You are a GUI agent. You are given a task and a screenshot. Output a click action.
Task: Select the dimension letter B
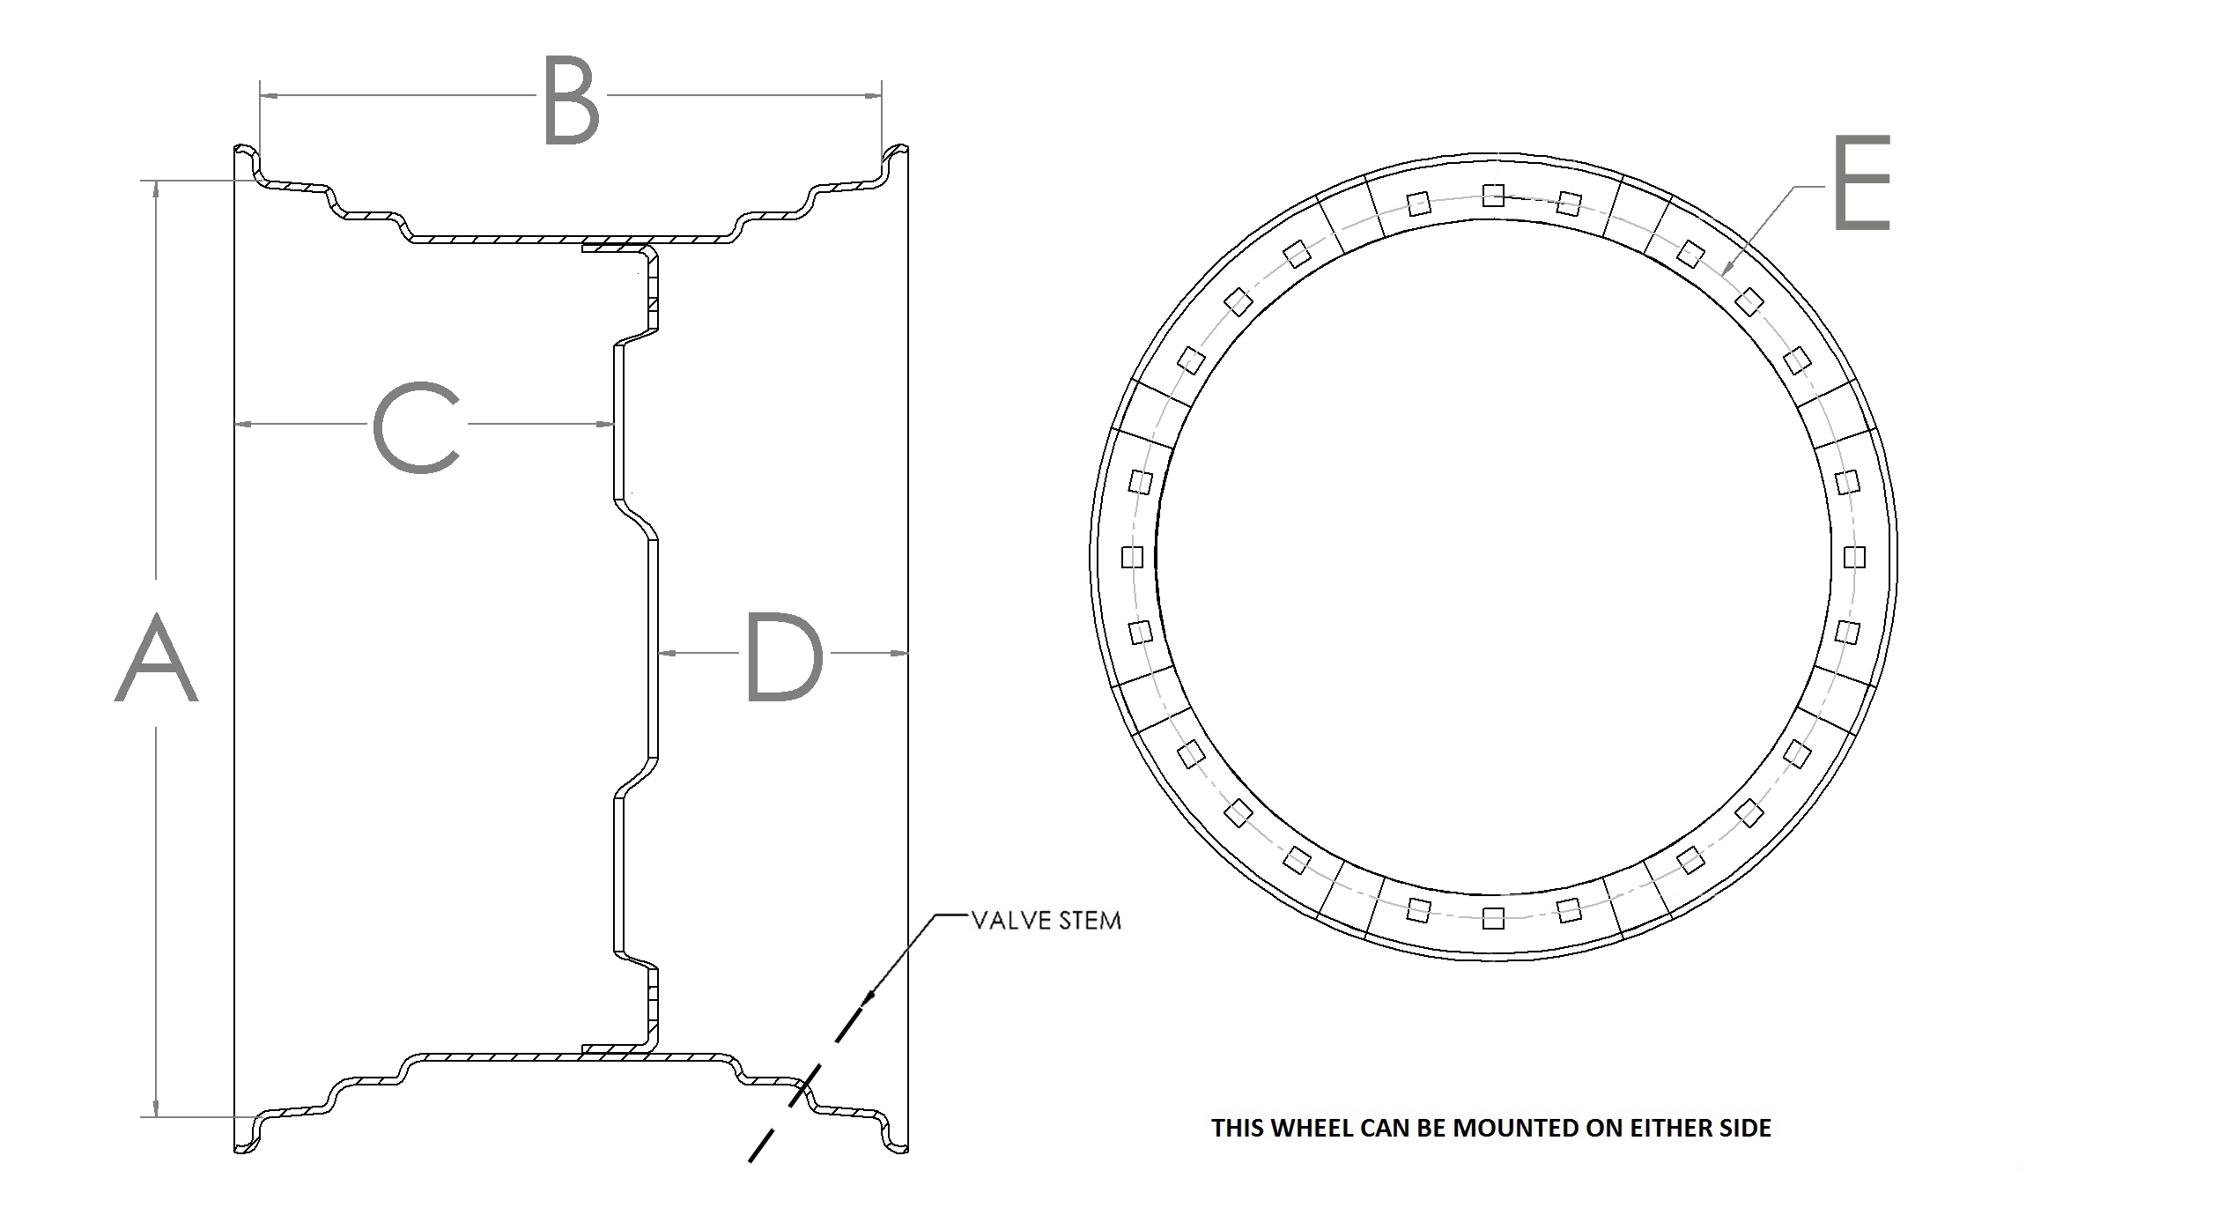coord(571,100)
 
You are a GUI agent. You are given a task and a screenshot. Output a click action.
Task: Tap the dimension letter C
coord(418,427)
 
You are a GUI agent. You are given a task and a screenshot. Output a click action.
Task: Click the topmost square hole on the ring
coord(1493,196)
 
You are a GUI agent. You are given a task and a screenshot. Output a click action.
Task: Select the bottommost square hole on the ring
coord(1493,919)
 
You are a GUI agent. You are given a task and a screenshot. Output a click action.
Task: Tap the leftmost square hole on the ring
coord(1132,557)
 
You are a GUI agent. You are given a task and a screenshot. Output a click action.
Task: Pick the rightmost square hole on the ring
coord(1854,557)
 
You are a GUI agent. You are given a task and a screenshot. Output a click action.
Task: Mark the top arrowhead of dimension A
coord(157,188)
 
